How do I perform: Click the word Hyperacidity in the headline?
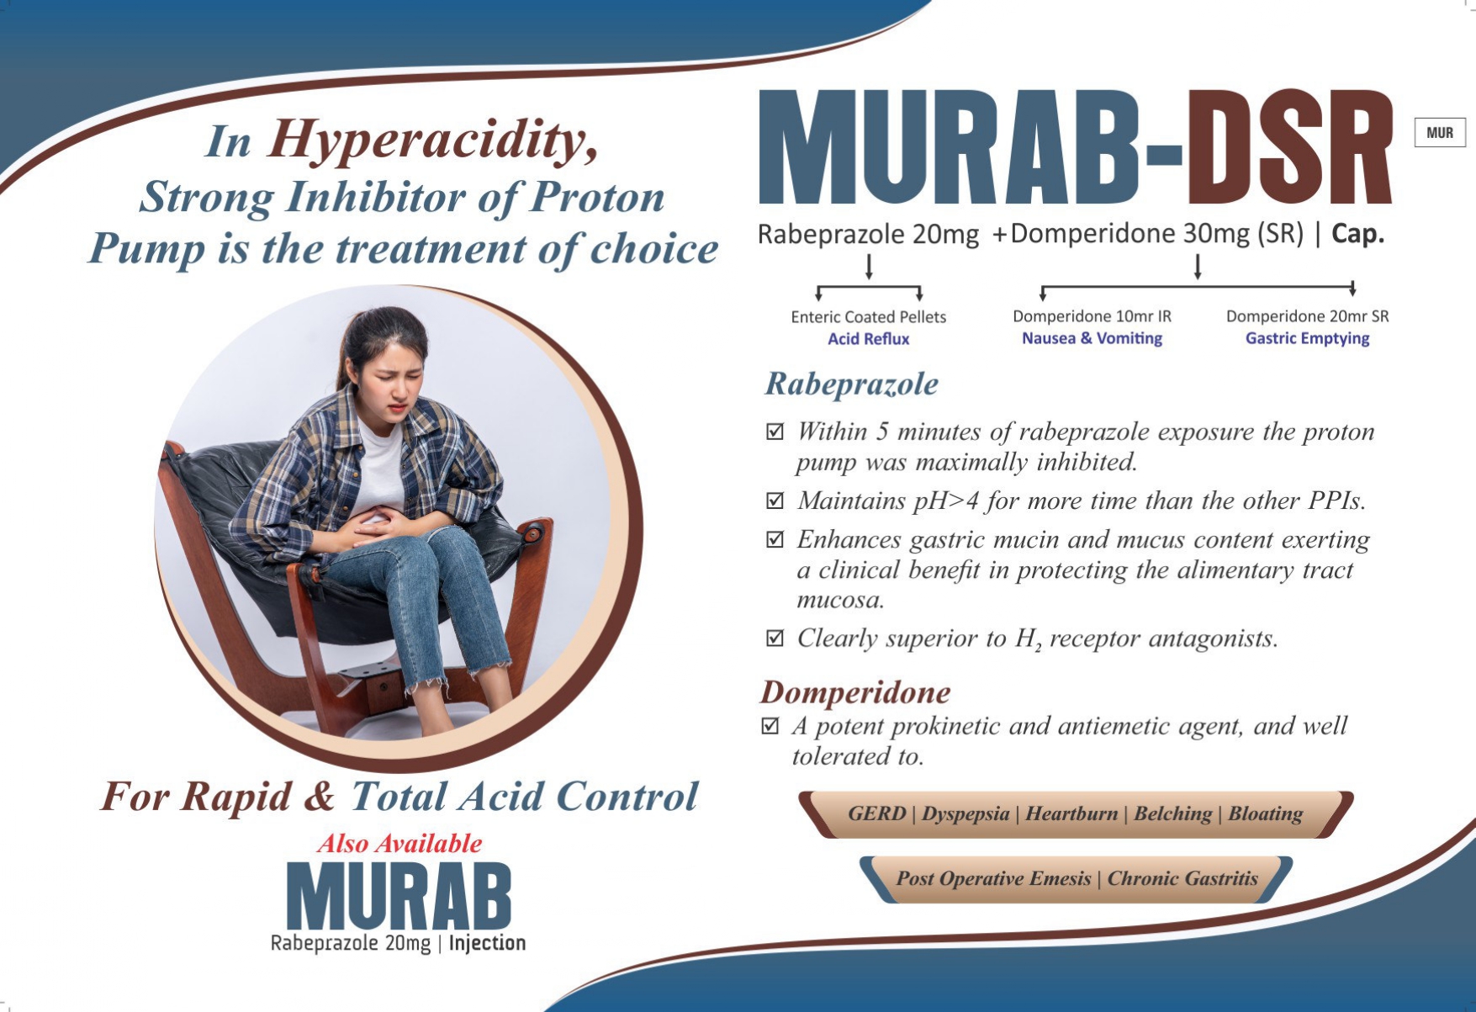(x=432, y=140)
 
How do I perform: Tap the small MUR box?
(x=1440, y=133)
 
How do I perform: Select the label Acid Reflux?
(x=868, y=339)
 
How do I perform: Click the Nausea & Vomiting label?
(x=1092, y=338)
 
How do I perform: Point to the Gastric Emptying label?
(x=1307, y=338)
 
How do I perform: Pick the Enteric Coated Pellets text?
(x=868, y=317)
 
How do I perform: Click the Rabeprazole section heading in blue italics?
(x=851, y=384)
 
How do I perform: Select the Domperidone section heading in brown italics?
(x=855, y=692)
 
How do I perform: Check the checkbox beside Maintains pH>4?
(x=775, y=501)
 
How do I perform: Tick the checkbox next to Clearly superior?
(x=775, y=638)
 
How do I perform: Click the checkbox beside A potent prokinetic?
(x=770, y=725)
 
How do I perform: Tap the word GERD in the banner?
(x=876, y=813)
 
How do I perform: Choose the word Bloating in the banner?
(x=1265, y=814)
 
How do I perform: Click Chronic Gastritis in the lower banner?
(x=1182, y=878)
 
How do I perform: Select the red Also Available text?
(x=399, y=843)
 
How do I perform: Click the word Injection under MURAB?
(x=487, y=943)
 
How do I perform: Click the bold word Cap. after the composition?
(x=1357, y=234)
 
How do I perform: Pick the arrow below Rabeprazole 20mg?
(x=869, y=267)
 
